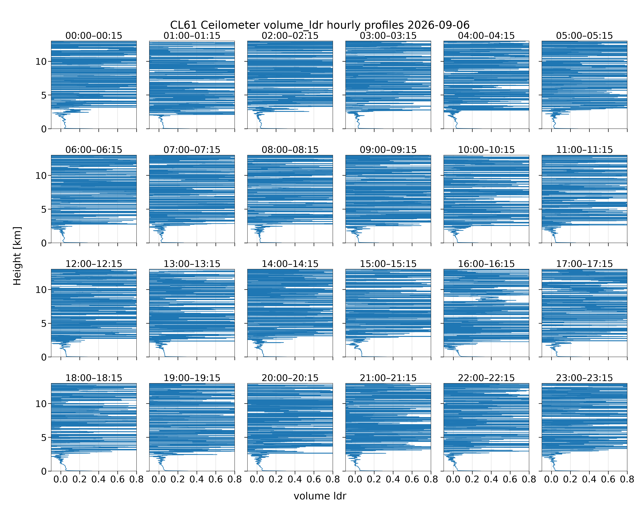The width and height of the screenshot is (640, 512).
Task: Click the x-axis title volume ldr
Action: (x=320, y=496)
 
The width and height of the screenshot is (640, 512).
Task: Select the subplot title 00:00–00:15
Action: (x=94, y=36)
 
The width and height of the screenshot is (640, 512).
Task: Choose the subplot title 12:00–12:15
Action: (x=94, y=264)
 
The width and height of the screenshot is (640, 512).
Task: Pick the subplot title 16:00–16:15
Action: (x=486, y=264)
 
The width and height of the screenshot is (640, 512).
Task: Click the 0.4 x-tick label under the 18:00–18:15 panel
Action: (x=98, y=479)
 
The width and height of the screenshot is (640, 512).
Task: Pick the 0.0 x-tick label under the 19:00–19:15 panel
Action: (x=159, y=479)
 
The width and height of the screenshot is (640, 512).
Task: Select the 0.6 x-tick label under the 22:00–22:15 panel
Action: (x=510, y=479)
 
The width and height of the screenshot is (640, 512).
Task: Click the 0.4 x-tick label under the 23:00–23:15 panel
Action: (x=589, y=479)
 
